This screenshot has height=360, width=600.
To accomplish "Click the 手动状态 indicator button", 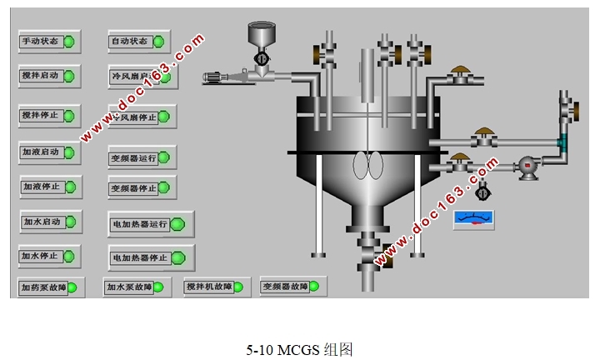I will (48, 41).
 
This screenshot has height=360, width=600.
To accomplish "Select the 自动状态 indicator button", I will (138, 41).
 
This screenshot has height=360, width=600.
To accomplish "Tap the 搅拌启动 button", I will (48, 76).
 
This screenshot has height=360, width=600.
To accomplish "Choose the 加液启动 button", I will (49, 152).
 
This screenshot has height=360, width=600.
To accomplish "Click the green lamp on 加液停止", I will (69, 187).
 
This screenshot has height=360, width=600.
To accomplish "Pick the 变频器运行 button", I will (141, 157).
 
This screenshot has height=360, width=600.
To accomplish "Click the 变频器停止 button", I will (141, 188).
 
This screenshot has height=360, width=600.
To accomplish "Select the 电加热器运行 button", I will (150, 223).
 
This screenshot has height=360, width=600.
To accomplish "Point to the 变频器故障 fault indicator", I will (293, 287).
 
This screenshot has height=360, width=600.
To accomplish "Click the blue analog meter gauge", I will (473, 219).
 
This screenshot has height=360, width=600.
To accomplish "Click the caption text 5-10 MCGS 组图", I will (299, 349).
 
